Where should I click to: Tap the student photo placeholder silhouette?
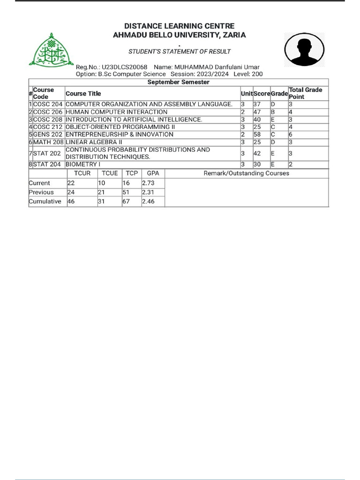tap(304, 50)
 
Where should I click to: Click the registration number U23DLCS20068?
tap(124, 67)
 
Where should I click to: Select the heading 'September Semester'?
tap(179, 82)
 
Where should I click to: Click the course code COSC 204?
tap(48, 105)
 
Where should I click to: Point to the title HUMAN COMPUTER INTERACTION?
tap(116, 112)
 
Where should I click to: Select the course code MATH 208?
tap(48, 142)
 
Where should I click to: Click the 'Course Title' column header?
tap(83, 93)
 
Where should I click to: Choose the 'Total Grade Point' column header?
tap(306, 93)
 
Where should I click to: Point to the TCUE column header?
tap(110, 173)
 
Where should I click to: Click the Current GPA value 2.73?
tap(148, 183)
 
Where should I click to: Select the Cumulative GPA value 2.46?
tap(148, 202)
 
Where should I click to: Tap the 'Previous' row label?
tap(41, 192)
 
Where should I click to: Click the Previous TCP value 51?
tap(126, 192)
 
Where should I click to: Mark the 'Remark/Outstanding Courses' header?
tap(247, 173)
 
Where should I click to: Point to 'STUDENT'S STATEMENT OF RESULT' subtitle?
tap(180, 52)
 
